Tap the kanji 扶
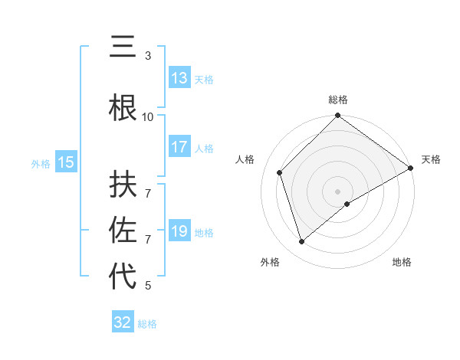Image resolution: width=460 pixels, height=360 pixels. click(123, 185)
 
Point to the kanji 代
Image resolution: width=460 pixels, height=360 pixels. click(123, 276)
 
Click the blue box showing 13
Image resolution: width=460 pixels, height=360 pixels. click(179, 78)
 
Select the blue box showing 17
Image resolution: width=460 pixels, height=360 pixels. click(179, 147)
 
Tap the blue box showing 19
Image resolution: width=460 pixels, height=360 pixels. click(179, 231)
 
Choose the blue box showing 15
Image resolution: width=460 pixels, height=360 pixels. click(66, 162)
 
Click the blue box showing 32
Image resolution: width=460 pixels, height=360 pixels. click(123, 322)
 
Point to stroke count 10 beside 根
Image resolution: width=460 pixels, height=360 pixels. click(148, 116)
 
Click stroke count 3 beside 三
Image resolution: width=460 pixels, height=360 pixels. click(148, 56)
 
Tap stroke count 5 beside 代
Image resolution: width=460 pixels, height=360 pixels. click(148, 286)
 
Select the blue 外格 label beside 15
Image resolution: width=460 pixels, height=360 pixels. click(41, 163)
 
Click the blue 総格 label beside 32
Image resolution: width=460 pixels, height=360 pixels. click(147, 324)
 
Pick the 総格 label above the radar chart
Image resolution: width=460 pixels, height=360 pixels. click(337, 100)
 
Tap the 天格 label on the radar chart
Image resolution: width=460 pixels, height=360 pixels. click(431, 159)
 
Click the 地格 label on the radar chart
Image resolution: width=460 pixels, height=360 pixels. click(402, 262)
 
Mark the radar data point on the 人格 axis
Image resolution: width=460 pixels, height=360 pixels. click(280, 172)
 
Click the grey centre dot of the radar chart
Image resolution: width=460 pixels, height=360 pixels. click(337, 191)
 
